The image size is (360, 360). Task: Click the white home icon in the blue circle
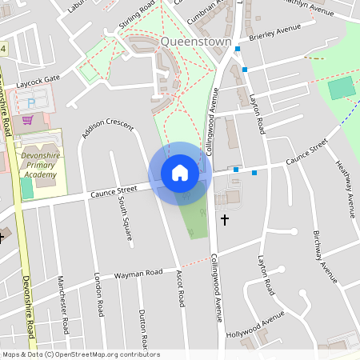coord(179,173)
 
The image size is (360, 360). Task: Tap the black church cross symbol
coord(225,218)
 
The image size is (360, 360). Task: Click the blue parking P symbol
coord(32,103)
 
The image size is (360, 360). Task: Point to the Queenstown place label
coord(196,41)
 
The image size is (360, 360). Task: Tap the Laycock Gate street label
coord(42,80)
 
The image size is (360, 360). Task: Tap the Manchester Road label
coord(62,297)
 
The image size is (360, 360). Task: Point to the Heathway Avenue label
coord(345,189)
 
